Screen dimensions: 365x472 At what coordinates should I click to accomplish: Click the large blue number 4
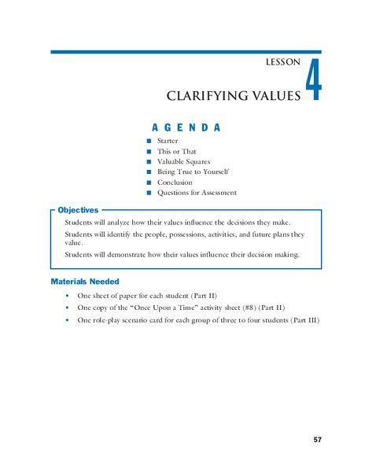click(x=312, y=79)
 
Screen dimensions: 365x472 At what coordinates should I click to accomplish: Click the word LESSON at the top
click(x=282, y=62)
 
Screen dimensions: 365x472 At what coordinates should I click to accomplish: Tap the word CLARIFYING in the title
click(x=208, y=96)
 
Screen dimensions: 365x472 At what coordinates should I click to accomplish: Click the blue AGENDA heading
click(x=186, y=127)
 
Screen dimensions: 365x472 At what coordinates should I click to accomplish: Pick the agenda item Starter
click(x=168, y=141)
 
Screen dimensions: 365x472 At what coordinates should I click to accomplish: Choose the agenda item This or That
click(x=177, y=151)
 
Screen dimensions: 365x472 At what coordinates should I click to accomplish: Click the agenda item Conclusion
click(x=175, y=182)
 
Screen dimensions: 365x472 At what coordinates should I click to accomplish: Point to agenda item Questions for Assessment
click(x=197, y=192)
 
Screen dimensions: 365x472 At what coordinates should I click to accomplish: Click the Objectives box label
click(x=78, y=210)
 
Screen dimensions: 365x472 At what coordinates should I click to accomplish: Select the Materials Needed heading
click(x=85, y=281)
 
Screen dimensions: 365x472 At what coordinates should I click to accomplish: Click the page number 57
click(x=317, y=439)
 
